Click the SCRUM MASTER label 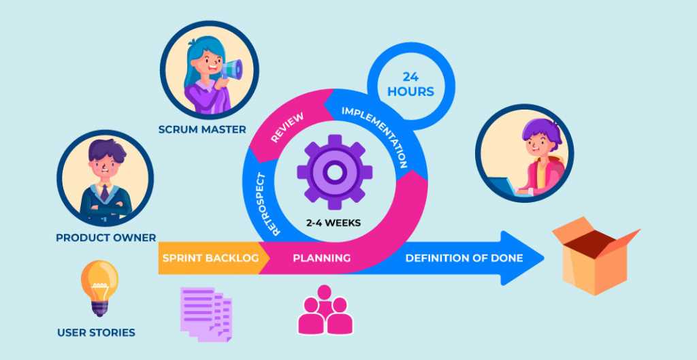coord(202,130)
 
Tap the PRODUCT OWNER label coord(106,238)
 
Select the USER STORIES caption coord(96,333)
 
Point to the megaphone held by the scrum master coord(231,70)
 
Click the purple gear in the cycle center coord(334,172)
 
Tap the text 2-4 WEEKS coord(334,223)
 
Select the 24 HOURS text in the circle coord(410,84)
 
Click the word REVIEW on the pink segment coord(287,127)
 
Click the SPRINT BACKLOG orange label coord(211,258)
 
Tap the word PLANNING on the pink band coord(322,258)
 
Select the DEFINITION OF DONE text coord(464,258)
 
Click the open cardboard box coord(596,256)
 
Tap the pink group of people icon coord(325,310)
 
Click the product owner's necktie coord(104,193)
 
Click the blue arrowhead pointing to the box coord(521,258)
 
